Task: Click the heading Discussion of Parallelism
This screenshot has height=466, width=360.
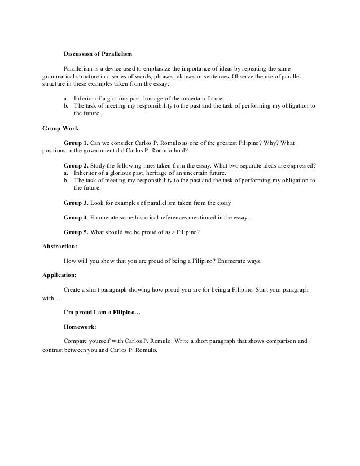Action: pyautogui.click(x=97, y=54)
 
